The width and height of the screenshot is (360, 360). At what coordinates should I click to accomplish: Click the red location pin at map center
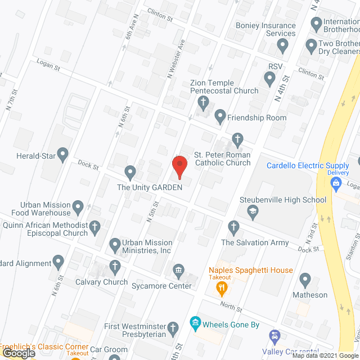coord(179,165)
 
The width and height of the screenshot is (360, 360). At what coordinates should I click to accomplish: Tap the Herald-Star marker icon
coord(62,153)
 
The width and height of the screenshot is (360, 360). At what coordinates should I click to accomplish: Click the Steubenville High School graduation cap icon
coord(253,211)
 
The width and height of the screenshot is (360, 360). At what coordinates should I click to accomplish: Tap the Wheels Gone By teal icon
coord(195,323)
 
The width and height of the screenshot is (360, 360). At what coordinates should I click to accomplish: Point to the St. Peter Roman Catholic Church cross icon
coord(237,139)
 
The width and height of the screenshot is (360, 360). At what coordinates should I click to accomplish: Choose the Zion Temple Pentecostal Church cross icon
coord(203,103)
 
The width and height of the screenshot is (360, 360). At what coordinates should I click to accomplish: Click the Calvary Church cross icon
coord(115,267)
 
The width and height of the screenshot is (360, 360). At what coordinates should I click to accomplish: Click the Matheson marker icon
coord(305,279)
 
